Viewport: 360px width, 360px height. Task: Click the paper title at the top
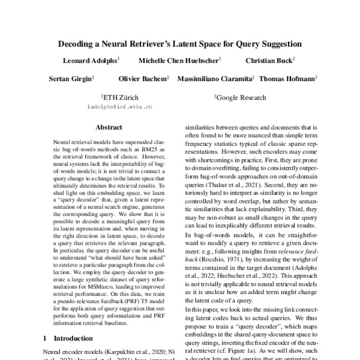click(180, 44)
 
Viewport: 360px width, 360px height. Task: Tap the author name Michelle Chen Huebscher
click(179, 61)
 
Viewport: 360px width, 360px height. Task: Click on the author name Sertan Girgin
click(71, 79)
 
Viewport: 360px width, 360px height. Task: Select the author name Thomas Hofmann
click(288, 79)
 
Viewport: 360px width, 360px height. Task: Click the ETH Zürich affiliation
click(121, 97)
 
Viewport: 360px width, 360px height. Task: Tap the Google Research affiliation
click(239, 97)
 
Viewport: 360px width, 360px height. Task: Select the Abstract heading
click(109, 127)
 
